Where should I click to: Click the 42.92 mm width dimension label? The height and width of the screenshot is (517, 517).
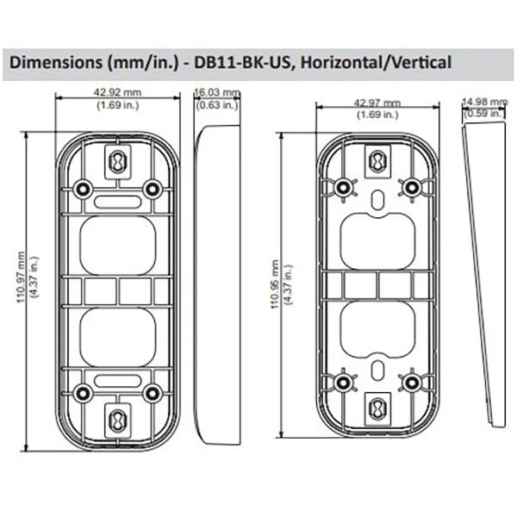tap(117, 92)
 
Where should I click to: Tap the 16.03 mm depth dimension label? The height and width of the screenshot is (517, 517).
tap(217, 92)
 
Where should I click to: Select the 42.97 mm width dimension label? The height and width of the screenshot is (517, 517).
tap(377, 103)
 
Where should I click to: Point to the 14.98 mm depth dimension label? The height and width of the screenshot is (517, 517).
tap(484, 102)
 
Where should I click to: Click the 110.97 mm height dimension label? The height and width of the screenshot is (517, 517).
tap(21, 277)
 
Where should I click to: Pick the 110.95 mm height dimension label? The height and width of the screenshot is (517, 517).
tap(275, 284)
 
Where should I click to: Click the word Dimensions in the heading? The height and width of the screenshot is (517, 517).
tap(56, 62)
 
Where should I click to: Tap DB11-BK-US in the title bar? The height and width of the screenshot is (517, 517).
tap(243, 62)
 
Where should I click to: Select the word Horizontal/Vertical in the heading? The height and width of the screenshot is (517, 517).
tap(376, 62)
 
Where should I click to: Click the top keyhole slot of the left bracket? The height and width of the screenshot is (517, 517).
tap(118, 162)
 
